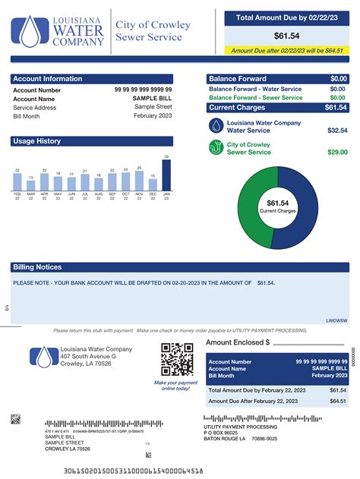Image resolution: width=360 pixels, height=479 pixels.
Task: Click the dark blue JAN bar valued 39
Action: point(166,175)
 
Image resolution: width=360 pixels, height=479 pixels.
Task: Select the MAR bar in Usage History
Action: point(30,186)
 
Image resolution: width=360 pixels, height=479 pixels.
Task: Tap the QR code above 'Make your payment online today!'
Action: point(176,360)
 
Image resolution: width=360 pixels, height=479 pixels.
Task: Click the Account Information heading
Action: point(47,79)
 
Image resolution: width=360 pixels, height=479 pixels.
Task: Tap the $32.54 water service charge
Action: point(337,131)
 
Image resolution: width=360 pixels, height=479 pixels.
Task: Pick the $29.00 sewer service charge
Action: point(337,153)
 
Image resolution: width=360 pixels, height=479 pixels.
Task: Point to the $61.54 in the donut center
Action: point(278,203)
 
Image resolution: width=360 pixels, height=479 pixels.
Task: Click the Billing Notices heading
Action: point(37,267)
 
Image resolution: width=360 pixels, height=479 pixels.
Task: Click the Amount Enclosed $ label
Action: point(238,342)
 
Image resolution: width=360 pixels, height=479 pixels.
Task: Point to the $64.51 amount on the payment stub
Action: point(338,401)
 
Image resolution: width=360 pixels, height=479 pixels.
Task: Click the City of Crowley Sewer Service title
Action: point(153,30)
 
